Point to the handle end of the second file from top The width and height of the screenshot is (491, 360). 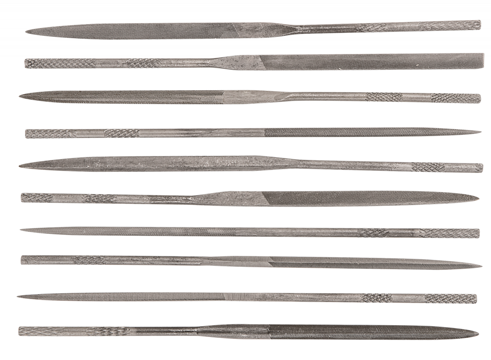click(26, 63)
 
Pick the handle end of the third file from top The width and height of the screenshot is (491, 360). click(480, 98)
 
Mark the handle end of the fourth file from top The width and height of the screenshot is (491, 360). click(26, 134)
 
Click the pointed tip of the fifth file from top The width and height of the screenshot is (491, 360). click(20, 167)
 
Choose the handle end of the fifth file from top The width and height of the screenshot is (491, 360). click(482, 168)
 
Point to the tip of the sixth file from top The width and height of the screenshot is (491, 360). click(478, 198)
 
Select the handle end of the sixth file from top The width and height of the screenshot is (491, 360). click(22, 197)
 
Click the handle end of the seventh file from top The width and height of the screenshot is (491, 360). click(479, 234)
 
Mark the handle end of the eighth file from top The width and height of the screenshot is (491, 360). click(22, 260)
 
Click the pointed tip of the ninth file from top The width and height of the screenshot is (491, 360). click(18, 296)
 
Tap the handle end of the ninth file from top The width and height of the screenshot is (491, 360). click(476, 299)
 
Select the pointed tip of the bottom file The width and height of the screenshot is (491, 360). click(478, 333)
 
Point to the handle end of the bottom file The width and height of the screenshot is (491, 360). click(20, 332)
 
